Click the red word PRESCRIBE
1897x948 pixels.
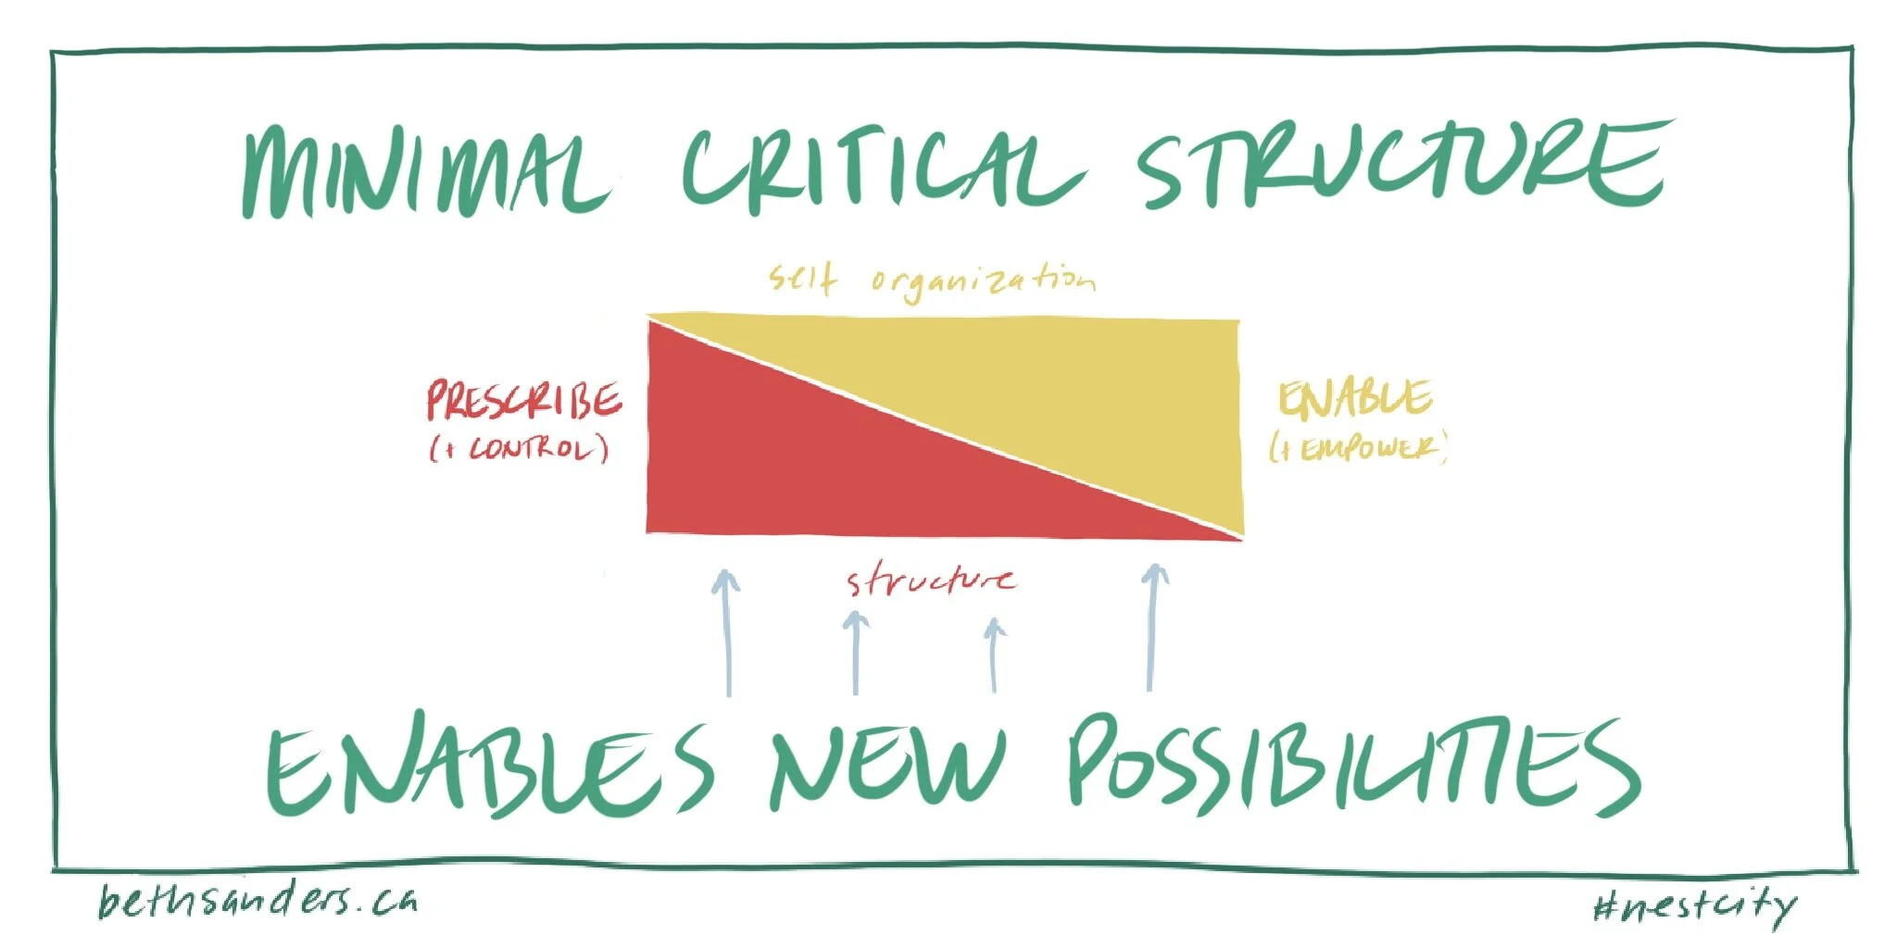pyautogui.click(x=524, y=401)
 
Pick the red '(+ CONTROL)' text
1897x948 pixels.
pyautogui.click(x=520, y=450)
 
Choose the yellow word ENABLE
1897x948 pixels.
pyautogui.click(x=1354, y=399)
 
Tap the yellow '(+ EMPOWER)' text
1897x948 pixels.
pyautogui.click(x=1357, y=449)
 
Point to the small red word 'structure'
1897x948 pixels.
pyautogui.click(x=931, y=581)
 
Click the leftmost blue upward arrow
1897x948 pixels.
pyautogui.click(x=727, y=634)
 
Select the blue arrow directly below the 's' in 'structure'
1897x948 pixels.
pyautogui.click(x=855, y=653)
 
